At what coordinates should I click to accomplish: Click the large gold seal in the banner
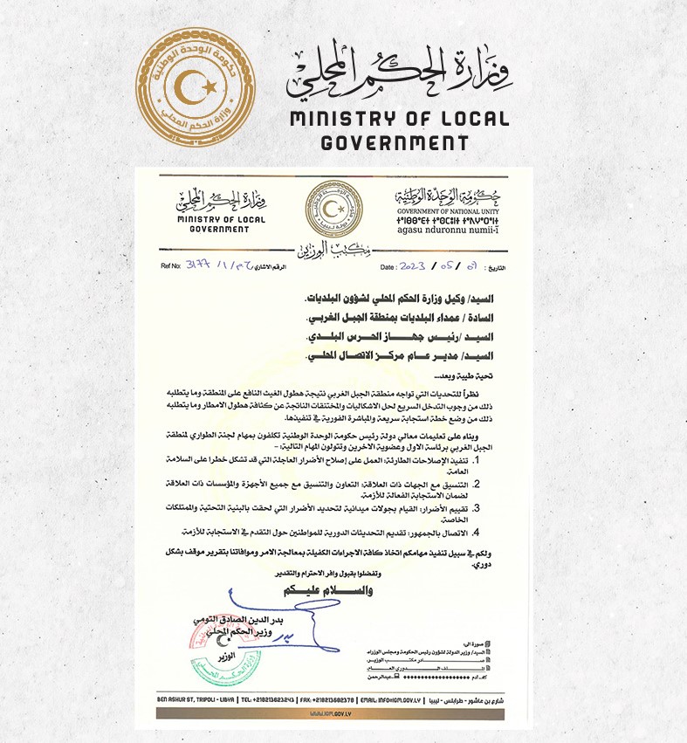(196, 88)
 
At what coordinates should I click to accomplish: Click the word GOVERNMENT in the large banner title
(395, 143)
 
